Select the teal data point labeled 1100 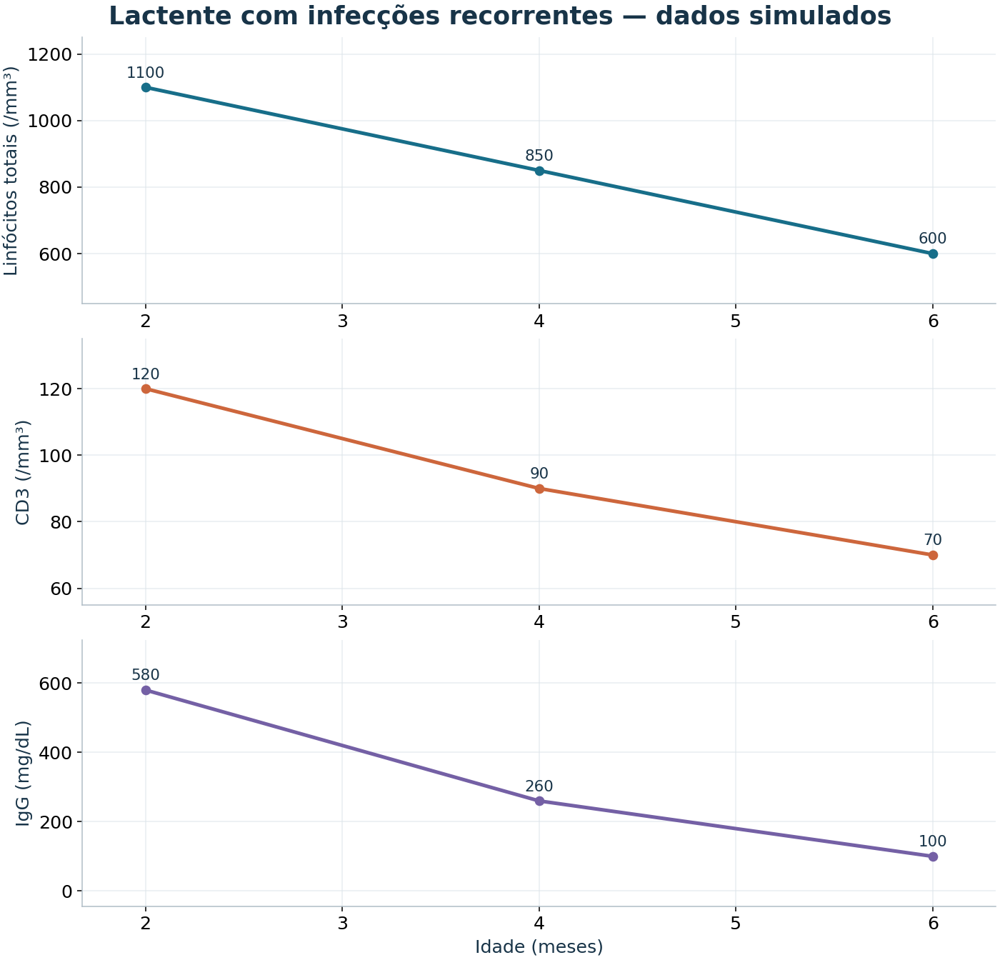[x=146, y=87]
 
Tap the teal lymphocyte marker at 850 [x=539, y=171]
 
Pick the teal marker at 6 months [x=933, y=254]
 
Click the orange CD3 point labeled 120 [x=146, y=389]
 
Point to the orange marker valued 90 [x=539, y=489]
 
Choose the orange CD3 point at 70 [x=933, y=555]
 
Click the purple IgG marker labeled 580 [x=146, y=690]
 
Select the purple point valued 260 [x=539, y=801]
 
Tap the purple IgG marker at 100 [x=933, y=856]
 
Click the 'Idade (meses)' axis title [x=539, y=946]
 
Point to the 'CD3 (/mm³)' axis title [x=23, y=473]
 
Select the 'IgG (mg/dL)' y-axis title [x=23, y=774]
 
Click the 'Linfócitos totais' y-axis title [x=10, y=171]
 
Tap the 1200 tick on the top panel [x=49, y=54]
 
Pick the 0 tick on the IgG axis [x=67, y=891]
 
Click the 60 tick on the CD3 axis [x=61, y=589]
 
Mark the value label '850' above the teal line [x=539, y=155]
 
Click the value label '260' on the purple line [x=539, y=786]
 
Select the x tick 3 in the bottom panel [x=343, y=924]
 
